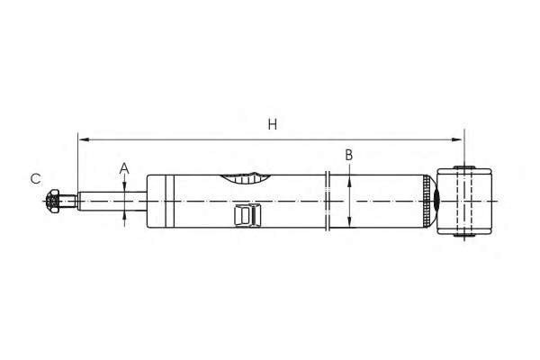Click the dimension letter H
click(x=272, y=125)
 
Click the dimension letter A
click(x=125, y=168)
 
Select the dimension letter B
click(x=349, y=155)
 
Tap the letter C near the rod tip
click(x=35, y=179)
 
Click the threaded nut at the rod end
click(x=55, y=202)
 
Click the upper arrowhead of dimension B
click(x=349, y=177)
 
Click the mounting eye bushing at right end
click(x=464, y=202)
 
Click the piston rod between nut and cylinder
click(x=103, y=202)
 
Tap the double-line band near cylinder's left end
click(x=167, y=202)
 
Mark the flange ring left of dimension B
click(x=328, y=202)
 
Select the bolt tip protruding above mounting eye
click(x=464, y=166)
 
